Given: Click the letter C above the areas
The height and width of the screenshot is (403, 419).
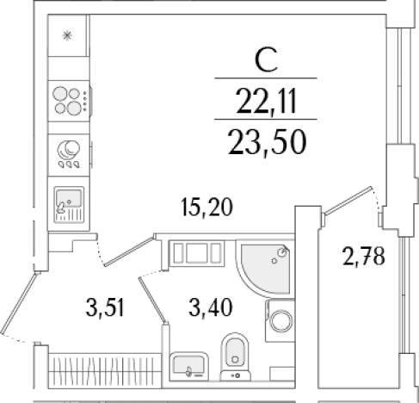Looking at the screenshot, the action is pyautogui.click(x=266, y=60).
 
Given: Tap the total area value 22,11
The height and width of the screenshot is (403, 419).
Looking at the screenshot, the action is pyautogui.click(x=266, y=101).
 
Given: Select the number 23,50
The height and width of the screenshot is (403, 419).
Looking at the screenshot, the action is pyautogui.click(x=268, y=142).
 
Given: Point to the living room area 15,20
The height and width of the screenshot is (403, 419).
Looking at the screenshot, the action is pyautogui.click(x=206, y=207).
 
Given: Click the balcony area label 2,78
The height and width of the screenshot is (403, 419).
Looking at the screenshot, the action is pyautogui.click(x=364, y=257).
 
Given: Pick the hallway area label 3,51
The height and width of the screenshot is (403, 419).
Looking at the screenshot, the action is pyautogui.click(x=105, y=307).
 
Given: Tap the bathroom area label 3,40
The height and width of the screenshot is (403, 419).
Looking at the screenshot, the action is pyautogui.click(x=211, y=307).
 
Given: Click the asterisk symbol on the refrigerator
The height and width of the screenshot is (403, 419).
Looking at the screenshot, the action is pyautogui.click(x=67, y=36).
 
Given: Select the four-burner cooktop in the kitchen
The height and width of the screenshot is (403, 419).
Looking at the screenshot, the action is pyautogui.click(x=69, y=101).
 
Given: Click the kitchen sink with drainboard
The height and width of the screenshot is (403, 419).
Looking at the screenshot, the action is pyautogui.click(x=69, y=204).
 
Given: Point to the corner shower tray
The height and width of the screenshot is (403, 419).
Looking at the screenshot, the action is pyautogui.click(x=265, y=268).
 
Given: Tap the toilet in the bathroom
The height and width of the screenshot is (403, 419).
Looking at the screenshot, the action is pyautogui.click(x=235, y=356).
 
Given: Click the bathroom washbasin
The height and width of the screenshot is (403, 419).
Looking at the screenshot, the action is pyautogui.click(x=189, y=367).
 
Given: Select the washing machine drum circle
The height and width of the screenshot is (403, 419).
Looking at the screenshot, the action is pyautogui.click(x=281, y=320).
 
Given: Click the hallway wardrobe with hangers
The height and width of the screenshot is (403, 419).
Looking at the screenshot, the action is pyautogui.click(x=105, y=370).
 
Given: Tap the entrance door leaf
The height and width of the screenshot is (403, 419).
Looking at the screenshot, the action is pyautogui.click(x=19, y=303).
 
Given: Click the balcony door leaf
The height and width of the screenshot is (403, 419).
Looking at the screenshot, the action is pyautogui.click(x=348, y=201).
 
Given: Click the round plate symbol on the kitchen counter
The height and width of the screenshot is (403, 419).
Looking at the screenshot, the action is pyautogui.click(x=69, y=150).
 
